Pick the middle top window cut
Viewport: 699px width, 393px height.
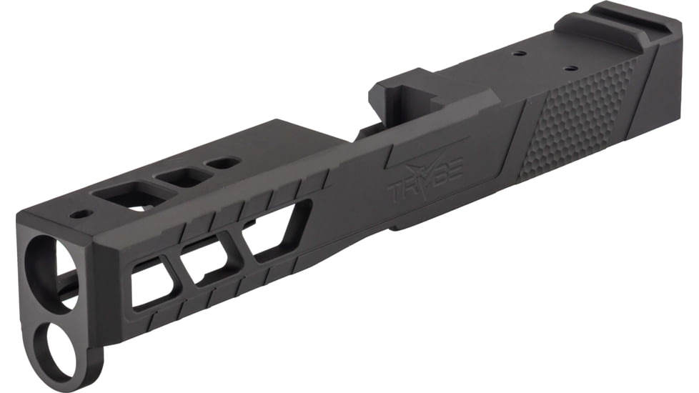click(184, 176)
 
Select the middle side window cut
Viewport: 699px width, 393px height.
click(207, 261)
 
